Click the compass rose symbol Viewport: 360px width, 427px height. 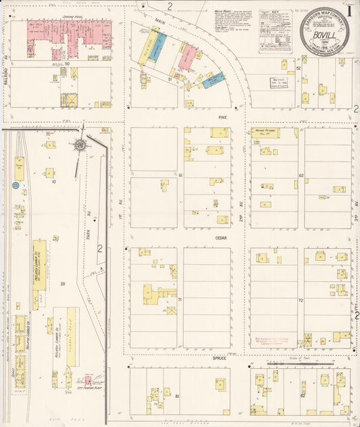[80, 145]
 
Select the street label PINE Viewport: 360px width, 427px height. [220, 117]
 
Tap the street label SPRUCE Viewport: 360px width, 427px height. [220, 357]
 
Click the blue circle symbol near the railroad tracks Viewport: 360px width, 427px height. [15, 184]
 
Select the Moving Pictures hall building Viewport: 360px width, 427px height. [265, 133]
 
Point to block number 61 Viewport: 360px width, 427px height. [181, 176]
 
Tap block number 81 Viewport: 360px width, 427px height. [177, 395]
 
